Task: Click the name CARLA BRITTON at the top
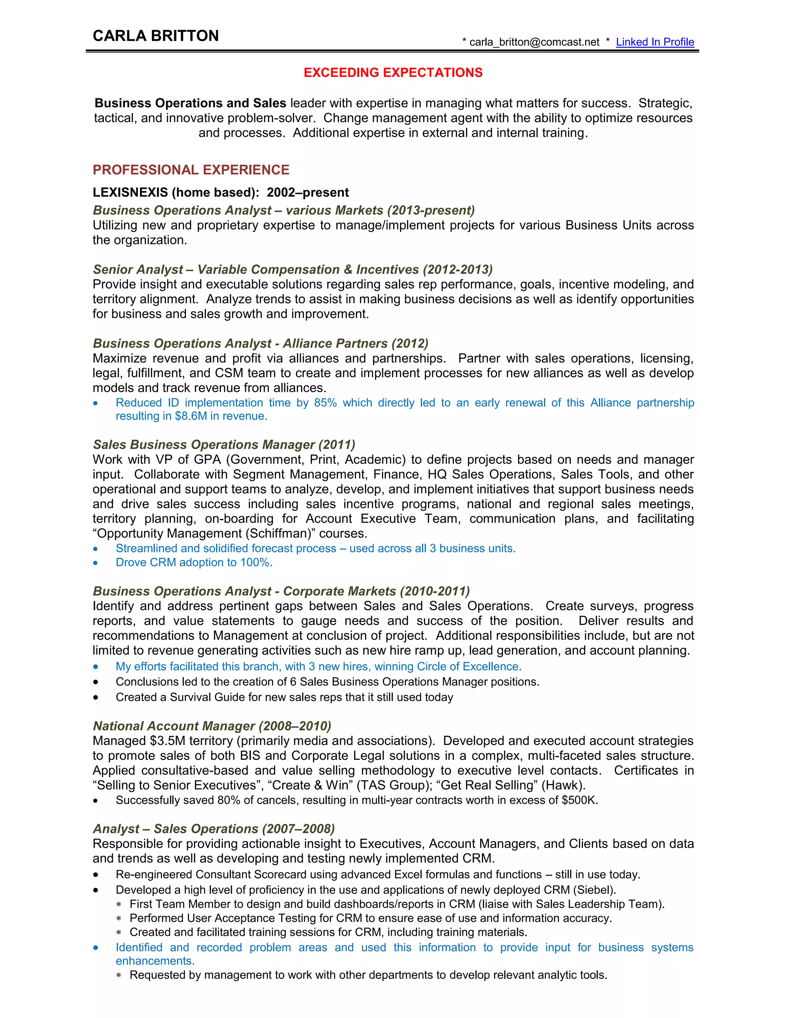coord(156,36)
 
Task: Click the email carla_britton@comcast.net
coord(534,42)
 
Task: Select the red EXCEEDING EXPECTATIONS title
coord(393,73)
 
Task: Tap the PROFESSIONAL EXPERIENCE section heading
coord(191,170)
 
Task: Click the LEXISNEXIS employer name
coord(130,192)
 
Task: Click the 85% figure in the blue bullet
coord(325,403)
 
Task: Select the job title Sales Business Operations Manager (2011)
coord(224,445)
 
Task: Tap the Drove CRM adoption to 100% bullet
coord(194,563)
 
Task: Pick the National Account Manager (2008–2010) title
coord(212,726)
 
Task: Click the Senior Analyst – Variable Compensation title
coord(292,269)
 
